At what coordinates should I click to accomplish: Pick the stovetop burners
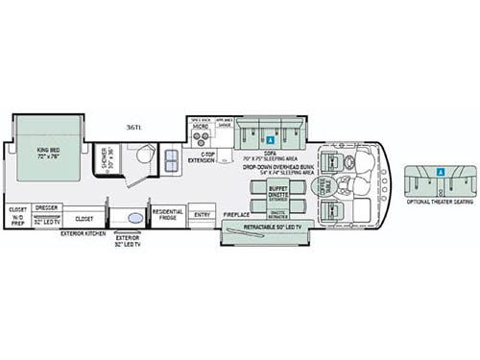point(203,136)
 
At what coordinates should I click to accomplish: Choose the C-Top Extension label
point(203,156)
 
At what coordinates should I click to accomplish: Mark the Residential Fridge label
point(166,216)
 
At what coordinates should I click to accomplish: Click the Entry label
point(201,215)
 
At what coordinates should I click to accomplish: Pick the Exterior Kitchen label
point(82,232)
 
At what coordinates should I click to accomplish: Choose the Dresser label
point(45,206)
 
